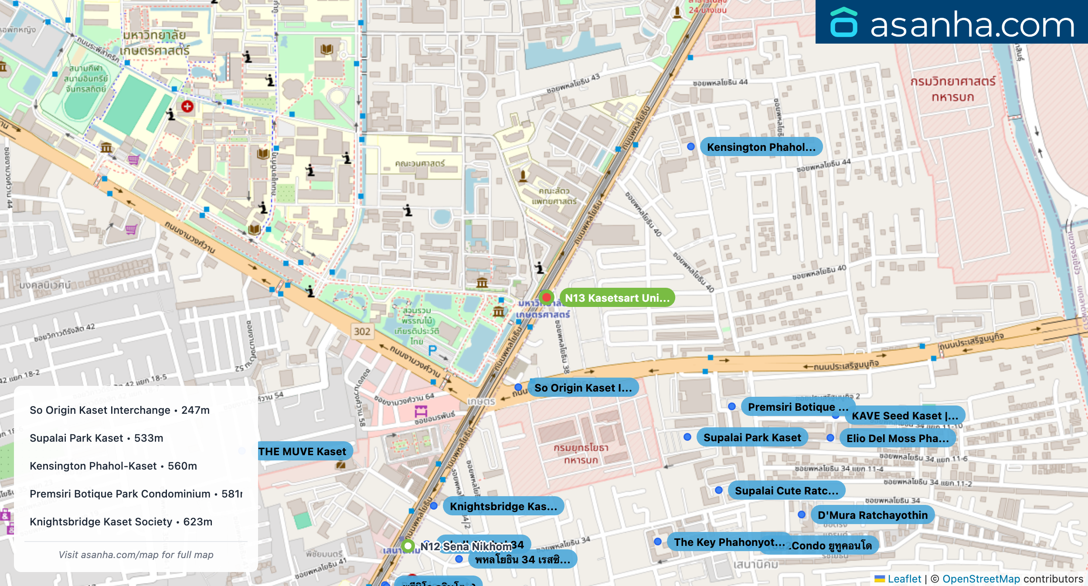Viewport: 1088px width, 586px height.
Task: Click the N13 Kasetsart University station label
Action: [617, 298]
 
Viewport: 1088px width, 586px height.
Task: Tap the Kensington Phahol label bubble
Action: [761, 147]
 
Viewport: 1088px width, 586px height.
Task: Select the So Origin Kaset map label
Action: [583, 388]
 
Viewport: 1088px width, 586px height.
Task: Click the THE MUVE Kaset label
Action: [303, 451]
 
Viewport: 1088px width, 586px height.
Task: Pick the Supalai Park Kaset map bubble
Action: [752, 437]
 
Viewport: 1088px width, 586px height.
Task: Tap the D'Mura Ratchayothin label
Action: [872, 515]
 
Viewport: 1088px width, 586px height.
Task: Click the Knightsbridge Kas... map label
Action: [503, 506]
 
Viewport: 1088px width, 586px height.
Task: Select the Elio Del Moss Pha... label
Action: [898, 438]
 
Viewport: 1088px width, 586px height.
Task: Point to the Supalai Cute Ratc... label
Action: [786, 491]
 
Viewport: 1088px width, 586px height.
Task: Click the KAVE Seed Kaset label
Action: [905, 416]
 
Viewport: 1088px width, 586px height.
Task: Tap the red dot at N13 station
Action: [546, 297]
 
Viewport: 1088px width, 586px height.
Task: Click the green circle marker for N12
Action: [408, 545]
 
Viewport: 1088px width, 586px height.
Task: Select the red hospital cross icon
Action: [187, 106]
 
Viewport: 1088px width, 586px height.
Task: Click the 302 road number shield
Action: [362, 331]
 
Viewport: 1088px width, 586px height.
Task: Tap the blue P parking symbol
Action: [432, 350]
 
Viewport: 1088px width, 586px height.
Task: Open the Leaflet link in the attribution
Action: [904, 579]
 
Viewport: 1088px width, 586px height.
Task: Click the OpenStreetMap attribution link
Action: [981, 579]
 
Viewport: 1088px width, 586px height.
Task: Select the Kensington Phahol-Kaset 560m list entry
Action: [113, 466]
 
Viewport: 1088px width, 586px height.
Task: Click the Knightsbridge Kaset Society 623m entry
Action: [121, 521]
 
